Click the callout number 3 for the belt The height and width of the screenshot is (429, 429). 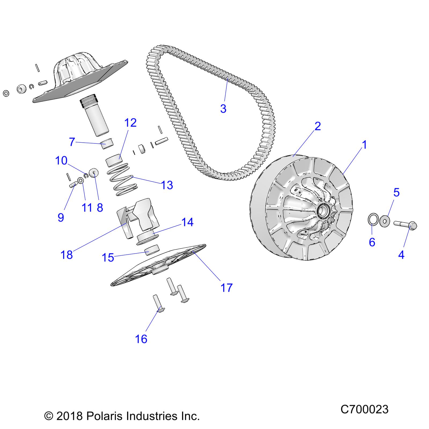223,109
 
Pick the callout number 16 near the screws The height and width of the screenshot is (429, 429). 141,339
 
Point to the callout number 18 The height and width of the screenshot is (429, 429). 67,255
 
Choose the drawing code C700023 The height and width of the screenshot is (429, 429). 364,409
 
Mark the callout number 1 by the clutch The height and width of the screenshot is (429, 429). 364,145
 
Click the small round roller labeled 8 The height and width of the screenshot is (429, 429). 94,173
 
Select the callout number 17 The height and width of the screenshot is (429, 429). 226,288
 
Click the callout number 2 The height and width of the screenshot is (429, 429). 317,126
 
